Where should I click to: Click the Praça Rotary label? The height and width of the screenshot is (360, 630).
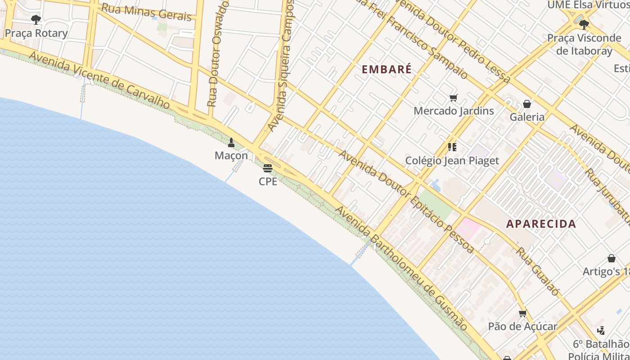36,33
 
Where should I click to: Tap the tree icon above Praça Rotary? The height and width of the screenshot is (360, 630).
36,20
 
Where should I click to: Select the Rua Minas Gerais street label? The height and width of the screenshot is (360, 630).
146,12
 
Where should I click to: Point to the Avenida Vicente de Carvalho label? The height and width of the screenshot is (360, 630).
100,80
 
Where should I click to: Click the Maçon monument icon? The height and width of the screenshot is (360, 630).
231,143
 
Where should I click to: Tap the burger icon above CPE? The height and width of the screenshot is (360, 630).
268,168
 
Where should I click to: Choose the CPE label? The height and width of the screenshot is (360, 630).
268,181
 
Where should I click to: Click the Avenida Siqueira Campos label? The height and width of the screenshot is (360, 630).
281,65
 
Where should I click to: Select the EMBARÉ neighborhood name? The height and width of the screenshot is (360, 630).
387,69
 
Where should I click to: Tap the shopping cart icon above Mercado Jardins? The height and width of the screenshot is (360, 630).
454,98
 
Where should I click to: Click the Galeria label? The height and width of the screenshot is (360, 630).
527,117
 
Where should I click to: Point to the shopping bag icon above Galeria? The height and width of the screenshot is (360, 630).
527,104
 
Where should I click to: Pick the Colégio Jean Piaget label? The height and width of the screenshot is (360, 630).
452,161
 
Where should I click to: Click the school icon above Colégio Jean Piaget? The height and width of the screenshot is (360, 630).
452,147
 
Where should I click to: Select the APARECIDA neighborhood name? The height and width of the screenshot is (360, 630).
541,224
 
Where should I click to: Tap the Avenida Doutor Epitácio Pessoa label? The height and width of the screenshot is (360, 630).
406,202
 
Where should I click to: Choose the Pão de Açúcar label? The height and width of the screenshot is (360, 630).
523,327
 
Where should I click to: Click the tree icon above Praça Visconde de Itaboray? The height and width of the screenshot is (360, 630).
584,25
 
